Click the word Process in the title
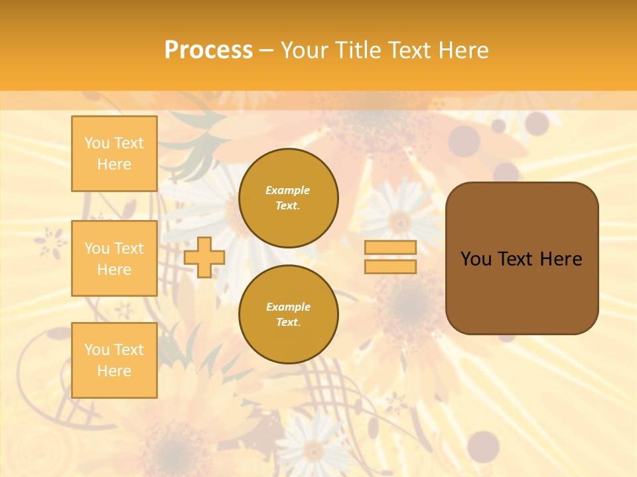point(208,50)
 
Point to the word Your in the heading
point(305,50)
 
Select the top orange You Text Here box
point(114,154)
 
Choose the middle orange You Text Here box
point(114,258)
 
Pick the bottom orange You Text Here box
point(114,360)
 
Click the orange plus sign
point(204,257)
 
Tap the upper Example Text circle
point(288,198)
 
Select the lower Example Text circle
point(288,315)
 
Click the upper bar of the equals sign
point(390,247)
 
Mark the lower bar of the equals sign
point(390,266)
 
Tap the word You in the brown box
point(476,259)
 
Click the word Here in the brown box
point(561,259)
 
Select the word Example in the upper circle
point(288,190)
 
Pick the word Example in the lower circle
point(288,307)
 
